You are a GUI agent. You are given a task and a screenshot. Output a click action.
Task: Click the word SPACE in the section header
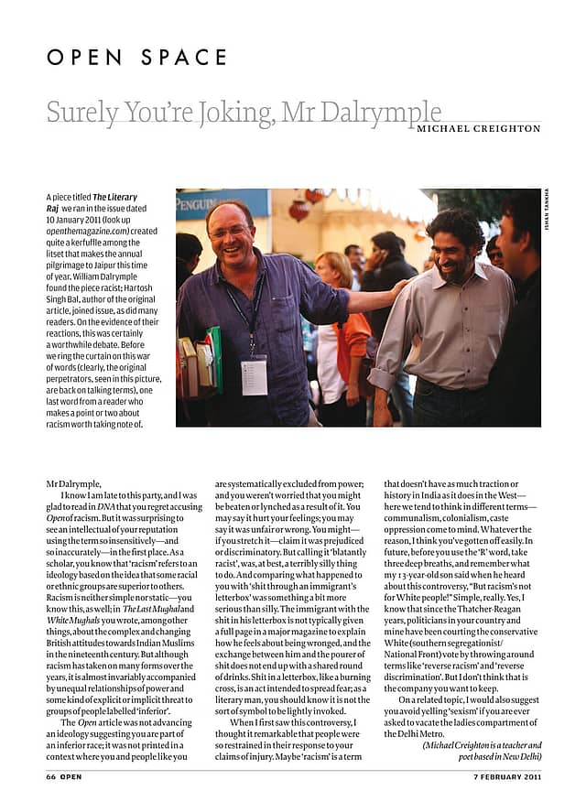[x=184, y=57]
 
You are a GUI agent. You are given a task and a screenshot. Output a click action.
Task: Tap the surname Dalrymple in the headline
[x=385, y=114]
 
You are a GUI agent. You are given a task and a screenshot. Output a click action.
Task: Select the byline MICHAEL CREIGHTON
[x=478, y=129]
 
